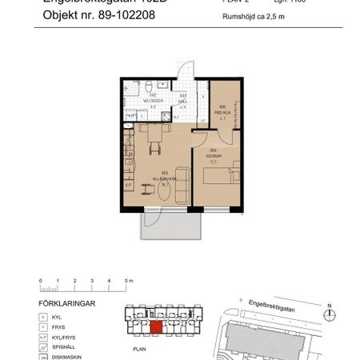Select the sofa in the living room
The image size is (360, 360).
[182, 182]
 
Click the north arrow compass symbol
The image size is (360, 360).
[329, 313]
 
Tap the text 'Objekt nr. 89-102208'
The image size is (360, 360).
[100, 14]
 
